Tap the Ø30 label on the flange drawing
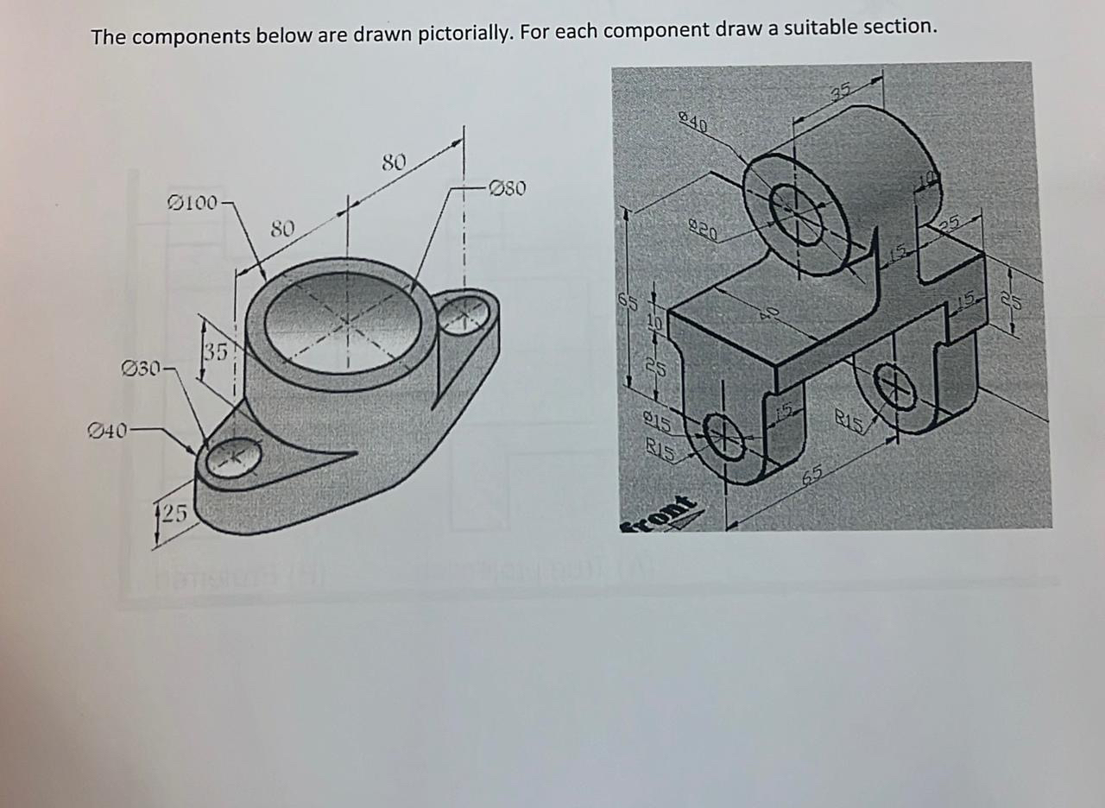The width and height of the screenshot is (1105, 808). (x=142, y=369)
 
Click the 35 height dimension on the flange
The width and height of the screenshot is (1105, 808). (x=216, y=351)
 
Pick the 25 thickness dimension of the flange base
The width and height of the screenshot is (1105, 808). (x=174, y=514)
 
